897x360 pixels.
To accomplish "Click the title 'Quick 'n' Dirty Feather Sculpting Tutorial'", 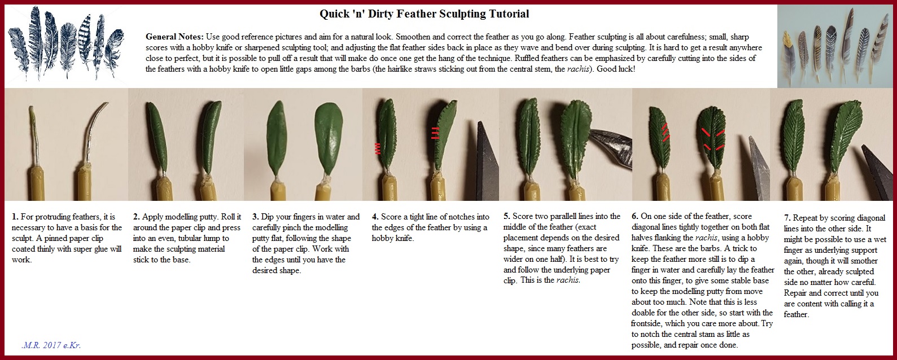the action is coord(424,14).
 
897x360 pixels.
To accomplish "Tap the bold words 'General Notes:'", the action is coord(174,37).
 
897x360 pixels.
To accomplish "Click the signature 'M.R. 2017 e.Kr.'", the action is coord(51,345).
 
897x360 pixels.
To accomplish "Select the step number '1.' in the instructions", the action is coord(15,217).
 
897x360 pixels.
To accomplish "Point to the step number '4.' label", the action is coord(375,217).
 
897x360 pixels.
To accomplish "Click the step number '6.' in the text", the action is coord(635,216).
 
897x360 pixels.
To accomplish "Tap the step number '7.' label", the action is coord(787,218).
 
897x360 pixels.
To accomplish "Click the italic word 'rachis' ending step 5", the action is coord(567,280).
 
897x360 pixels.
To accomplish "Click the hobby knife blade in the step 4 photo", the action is coord(487,160).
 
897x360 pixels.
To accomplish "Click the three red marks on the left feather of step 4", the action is coord(377,148).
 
